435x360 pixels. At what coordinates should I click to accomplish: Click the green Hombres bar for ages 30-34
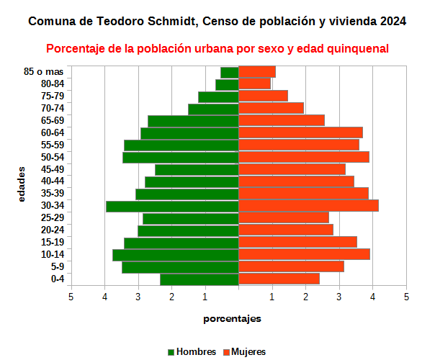[172, 206]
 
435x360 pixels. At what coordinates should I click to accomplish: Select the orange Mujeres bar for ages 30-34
[308, 206]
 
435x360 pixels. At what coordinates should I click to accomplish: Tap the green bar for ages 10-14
[175, 255]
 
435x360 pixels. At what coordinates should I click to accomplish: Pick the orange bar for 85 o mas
[257, 72]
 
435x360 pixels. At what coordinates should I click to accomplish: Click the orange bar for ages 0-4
[279, 279]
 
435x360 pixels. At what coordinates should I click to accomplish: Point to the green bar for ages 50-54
[180, 157]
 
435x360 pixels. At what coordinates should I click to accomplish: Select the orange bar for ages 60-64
[300, 132]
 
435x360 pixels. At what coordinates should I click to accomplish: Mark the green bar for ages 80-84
[227, 84]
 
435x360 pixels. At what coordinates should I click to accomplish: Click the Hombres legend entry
[192, 352]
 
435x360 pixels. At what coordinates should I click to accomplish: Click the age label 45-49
[53, 169]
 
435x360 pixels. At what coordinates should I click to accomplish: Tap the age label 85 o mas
[44, 72]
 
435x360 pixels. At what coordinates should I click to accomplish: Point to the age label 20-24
[53, 230]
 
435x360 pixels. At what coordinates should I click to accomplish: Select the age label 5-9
[57, 267]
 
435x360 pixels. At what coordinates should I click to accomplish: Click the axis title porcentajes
[232, 318]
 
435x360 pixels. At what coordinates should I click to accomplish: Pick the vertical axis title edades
[22, 184]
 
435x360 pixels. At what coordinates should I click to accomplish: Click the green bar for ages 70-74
[213, 109]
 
